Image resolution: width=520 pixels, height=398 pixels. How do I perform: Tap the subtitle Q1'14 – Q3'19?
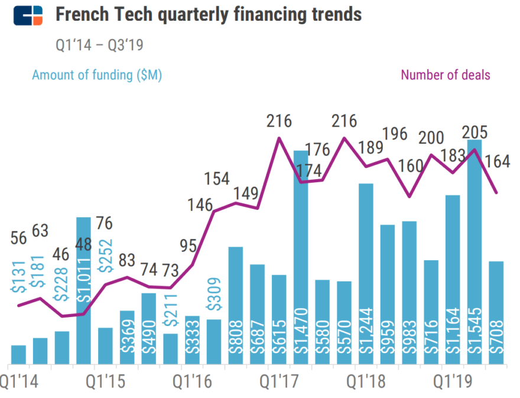99,44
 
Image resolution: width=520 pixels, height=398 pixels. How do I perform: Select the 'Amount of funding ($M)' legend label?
97,75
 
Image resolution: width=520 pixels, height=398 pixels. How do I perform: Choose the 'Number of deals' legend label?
445,75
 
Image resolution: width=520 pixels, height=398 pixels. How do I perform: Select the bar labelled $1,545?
474,254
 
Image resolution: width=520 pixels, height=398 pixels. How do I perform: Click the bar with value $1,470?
300,260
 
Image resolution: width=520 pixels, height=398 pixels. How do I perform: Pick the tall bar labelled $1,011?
83,290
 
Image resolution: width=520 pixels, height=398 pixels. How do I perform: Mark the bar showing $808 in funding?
235,305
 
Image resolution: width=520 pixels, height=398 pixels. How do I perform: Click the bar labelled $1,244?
366,275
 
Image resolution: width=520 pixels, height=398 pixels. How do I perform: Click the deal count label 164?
498,161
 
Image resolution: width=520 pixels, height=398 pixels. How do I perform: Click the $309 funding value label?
214,295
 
